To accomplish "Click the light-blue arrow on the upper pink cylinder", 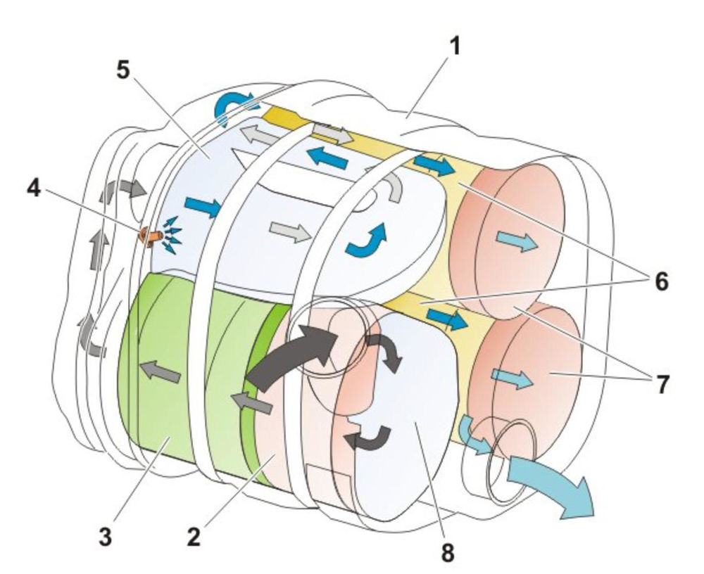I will [x=517, y=242].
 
